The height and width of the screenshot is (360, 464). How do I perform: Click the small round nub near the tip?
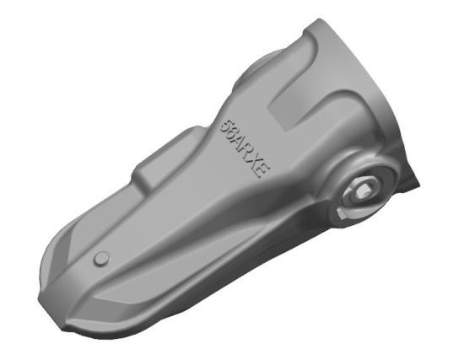click(102, 258)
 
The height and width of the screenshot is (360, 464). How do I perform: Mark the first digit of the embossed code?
click(224, 122)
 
